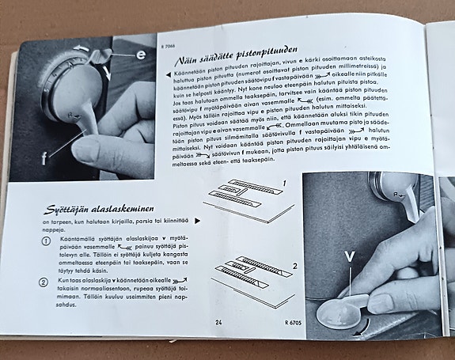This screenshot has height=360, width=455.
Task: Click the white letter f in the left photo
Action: pyautogui.click(x=45, y=157)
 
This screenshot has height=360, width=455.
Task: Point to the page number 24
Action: pyautogui.click(x=218, y=322)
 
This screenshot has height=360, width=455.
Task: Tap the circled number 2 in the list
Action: pyautogui.click(x=45, y=282)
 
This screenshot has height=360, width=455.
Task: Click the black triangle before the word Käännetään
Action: pyautogui.click(x=158, y=73)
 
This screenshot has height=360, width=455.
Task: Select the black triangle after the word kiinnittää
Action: pyautogui.click(x=197, y=223)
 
